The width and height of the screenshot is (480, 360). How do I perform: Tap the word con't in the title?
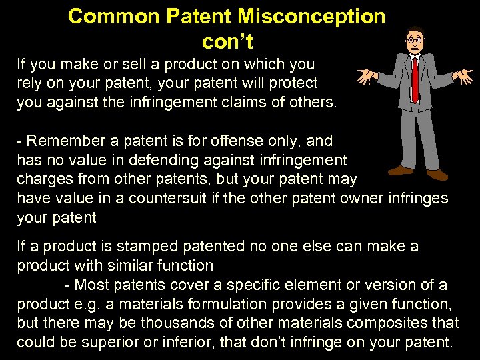point(227,41)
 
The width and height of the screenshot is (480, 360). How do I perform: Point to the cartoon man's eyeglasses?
point(415,41)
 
